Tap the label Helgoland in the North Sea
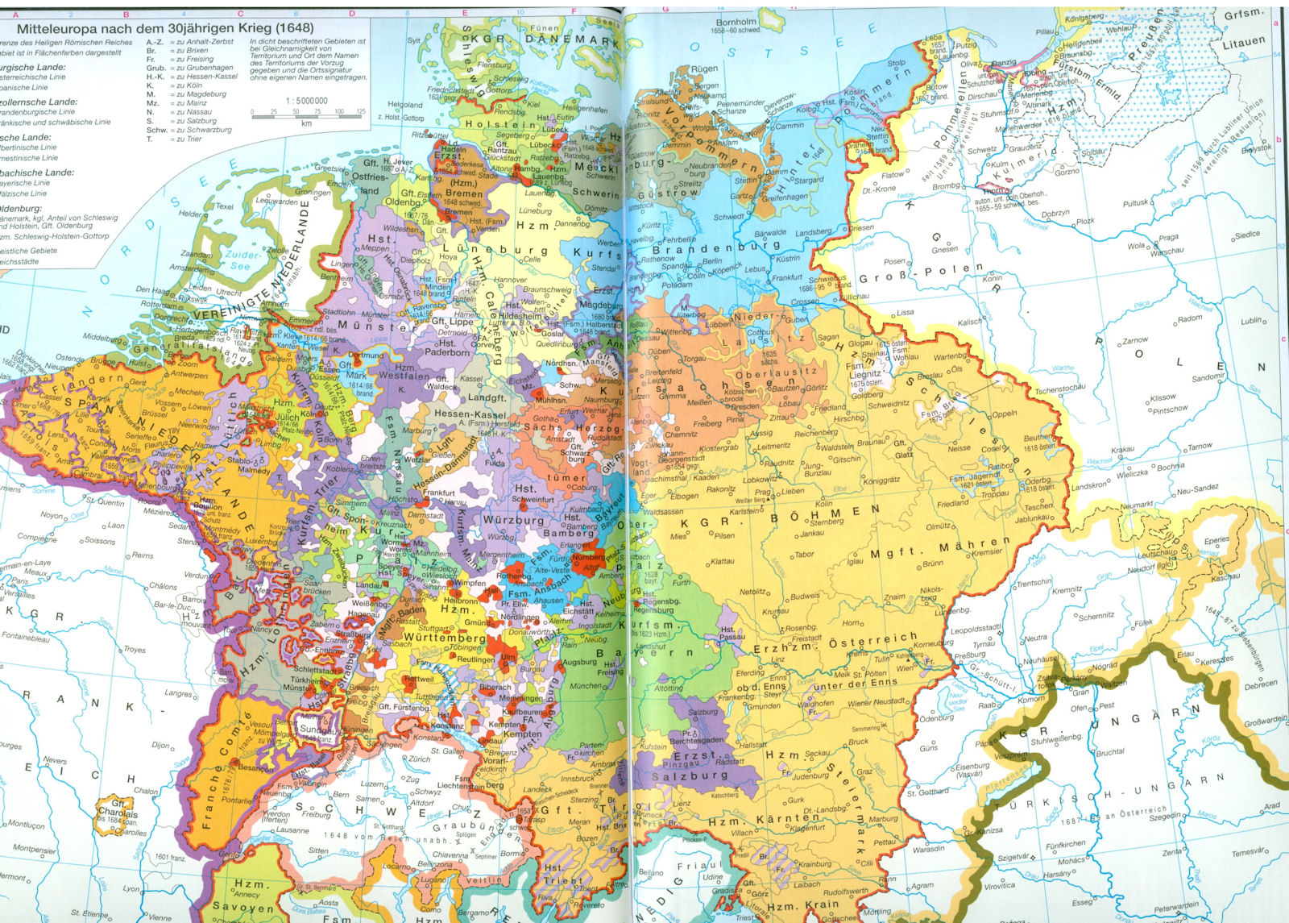click(404, 105)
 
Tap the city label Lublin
click(1250, 321)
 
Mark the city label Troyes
click(135, 649)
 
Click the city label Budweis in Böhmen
click(804, 597)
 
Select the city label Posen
click(894, 261)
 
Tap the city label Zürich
click(419, 759)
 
